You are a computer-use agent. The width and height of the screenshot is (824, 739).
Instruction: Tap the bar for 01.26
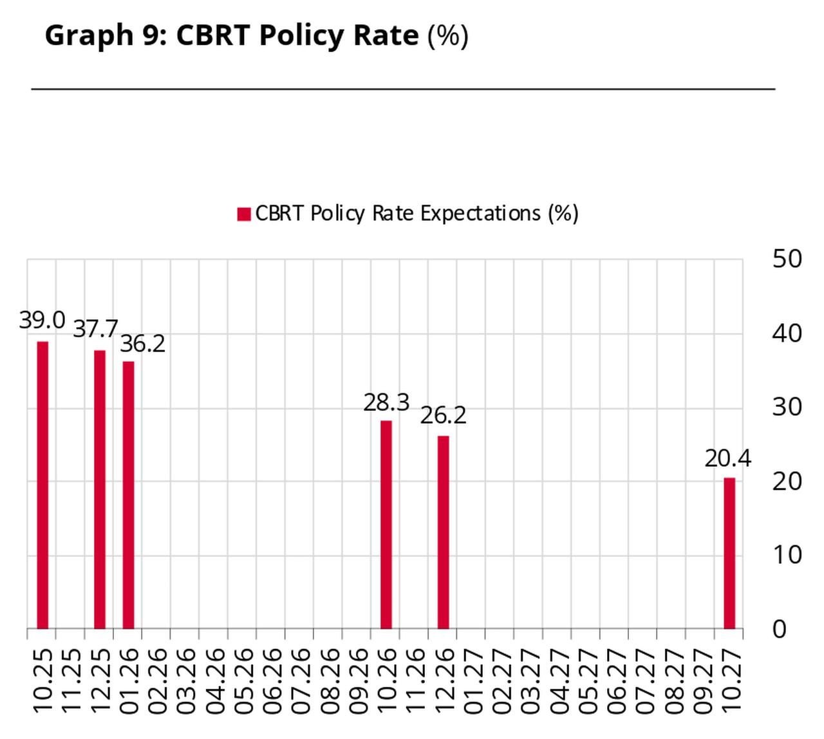pos(128,495)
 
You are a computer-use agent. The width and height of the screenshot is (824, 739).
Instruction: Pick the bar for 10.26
pos(386,525)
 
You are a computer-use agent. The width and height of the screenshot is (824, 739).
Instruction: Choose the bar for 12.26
pos(443,532)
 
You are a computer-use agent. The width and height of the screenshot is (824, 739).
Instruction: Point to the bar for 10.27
pos(729,553)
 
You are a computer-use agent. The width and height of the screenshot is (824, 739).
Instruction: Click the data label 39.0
pos(42,320)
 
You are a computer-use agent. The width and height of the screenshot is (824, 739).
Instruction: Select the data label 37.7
pos(95,329)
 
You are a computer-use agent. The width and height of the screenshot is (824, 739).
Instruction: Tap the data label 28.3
pos(386,403)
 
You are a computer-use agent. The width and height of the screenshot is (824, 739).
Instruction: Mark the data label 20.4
pos(727,459)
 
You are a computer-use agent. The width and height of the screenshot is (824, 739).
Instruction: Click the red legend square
pos(243,214)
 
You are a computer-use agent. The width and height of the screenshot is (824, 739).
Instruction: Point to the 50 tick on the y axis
pos(787,259)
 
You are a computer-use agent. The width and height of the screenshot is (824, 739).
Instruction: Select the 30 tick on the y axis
pos(787,407)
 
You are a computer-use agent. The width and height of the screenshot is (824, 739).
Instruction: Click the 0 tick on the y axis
pos(779,630)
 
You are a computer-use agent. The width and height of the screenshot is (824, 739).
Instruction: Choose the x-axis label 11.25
pos(71,681)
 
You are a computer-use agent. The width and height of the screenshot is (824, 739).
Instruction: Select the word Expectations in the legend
pos(480,213)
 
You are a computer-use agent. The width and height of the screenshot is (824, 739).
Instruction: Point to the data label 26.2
pos(443,415)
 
